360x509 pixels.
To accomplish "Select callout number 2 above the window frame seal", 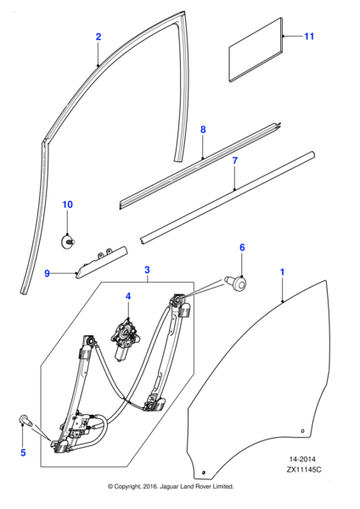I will [x=98, y=36].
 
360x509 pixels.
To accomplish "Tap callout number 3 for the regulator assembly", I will [x=147, y=271].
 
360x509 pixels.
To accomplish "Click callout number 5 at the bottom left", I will [x=23, y=453].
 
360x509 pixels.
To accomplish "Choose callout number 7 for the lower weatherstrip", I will [x=235, y=160].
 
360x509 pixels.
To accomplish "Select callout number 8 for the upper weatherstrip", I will [x=203, y=129].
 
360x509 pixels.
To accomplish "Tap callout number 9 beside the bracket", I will [x=48, y=273].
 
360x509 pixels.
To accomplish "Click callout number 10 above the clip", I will [x=68, y=205].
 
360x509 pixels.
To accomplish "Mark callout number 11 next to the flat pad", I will [x=309, y=36].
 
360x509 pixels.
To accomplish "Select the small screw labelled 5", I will [x=26, y=419].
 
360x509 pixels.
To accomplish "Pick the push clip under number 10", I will [x=69, y=241].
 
